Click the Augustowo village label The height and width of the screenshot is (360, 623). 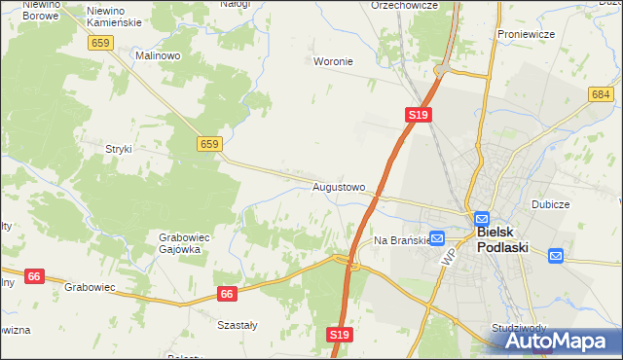339,186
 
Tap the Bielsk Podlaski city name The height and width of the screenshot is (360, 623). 502,240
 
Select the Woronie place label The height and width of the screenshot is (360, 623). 333,61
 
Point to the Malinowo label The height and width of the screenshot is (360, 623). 159,56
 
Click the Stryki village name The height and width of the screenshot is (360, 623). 119,149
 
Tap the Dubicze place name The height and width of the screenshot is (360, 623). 550,205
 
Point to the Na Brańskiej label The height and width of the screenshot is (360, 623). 401,239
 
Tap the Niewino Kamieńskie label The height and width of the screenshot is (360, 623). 114,15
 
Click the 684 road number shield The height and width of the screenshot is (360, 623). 600,93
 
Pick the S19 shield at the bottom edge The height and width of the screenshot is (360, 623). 338,335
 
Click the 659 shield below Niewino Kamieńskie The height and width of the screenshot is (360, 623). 100,43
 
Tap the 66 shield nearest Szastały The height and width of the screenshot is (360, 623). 227,293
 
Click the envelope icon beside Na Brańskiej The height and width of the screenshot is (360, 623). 437,237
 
